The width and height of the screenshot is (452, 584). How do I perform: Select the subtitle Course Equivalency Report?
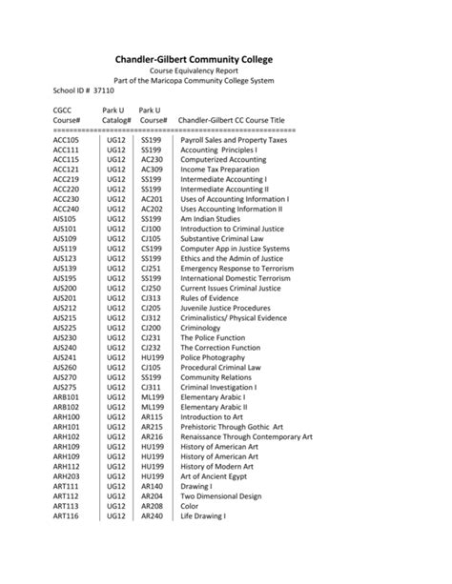tap(225, 71)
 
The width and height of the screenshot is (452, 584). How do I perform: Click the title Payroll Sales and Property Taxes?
tap(233, 139)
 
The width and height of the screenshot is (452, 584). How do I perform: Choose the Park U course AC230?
tap(152, 160)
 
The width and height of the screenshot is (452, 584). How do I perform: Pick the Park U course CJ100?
tap(151, 229)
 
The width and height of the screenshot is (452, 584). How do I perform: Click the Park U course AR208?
tap(152, 506)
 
